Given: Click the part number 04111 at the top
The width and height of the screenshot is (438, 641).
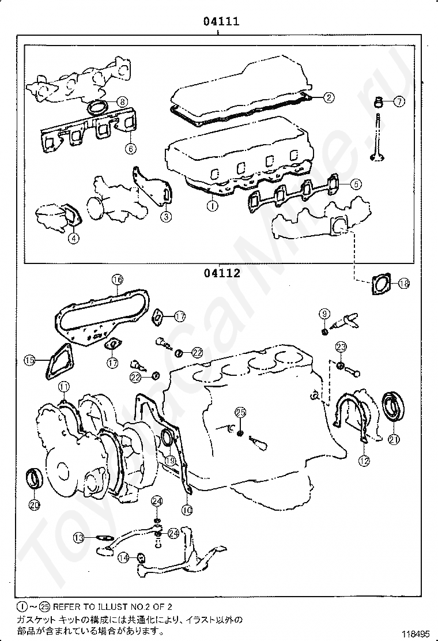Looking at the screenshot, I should pyautogui.click(x=221, y=22).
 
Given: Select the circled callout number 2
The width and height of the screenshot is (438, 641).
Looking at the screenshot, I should pyautogui.click(x=327, y=97).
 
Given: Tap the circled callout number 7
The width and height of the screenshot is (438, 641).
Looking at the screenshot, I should pyautogui.click(x=399, y=101).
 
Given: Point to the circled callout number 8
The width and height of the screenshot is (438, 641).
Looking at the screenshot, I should pyautogui.click(x=122, y=102).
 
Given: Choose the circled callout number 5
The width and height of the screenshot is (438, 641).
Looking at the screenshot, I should pyautogui.click(x=355, y=184).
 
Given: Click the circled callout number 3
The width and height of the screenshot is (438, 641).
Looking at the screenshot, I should pyautogui.click(x=165, y=217).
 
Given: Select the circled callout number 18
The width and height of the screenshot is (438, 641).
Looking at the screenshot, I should pyautogui.click(x=403, y=283).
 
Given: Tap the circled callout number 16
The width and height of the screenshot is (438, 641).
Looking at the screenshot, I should pyautogui.click(x=117, y=280).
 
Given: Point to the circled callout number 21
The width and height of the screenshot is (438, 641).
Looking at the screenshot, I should pyautogui.click(x=394, y=440).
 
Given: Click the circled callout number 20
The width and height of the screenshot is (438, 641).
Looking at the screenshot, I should pyautogui.click(x=34, y=505).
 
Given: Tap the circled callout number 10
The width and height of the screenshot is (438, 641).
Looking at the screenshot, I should pyautogui.click(x=186, y=510).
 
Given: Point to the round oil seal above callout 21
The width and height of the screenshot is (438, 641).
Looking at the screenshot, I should pyautogui.click(x=394, y=406).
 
